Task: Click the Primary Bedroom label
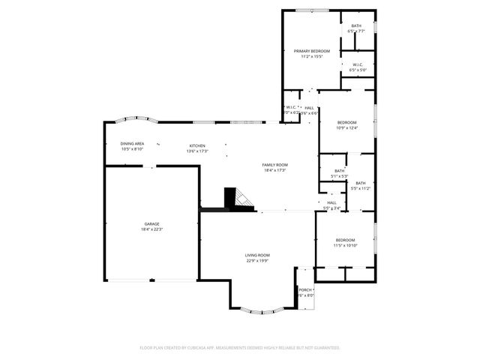[310, 50]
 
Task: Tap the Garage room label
[151, 223]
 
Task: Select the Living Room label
[257, 256]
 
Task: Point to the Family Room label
[274, 165]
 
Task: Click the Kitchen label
[197, 145]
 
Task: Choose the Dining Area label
[132, 144]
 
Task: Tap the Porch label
[304, 289]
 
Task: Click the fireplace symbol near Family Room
[239, 197]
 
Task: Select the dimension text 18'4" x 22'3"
[151, 229]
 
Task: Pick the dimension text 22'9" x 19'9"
[257, 262]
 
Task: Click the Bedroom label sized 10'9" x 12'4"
[346, 122]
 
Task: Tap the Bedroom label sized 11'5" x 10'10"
[345, 240]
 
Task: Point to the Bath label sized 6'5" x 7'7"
[356, 26]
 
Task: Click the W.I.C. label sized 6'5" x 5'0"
[358, 64]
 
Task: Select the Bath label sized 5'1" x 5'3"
[340, 171]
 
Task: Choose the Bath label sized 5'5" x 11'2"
[361, 183]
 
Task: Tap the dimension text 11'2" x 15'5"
[310, 56]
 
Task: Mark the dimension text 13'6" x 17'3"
[197, 151]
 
